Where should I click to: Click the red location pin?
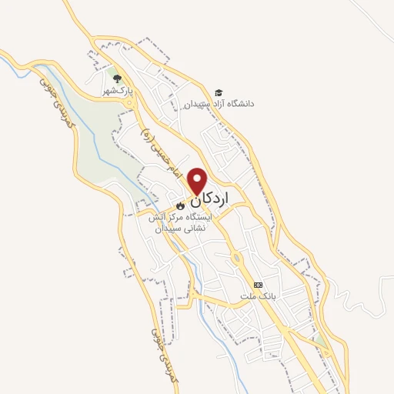coord(198,180)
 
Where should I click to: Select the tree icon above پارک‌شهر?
coord(115,79)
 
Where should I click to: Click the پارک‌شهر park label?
coord(119,91)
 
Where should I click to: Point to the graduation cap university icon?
coord(219,92)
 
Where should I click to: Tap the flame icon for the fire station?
coord(179,206)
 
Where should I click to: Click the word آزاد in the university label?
coord(225,103)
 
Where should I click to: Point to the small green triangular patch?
coord(317,338)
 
